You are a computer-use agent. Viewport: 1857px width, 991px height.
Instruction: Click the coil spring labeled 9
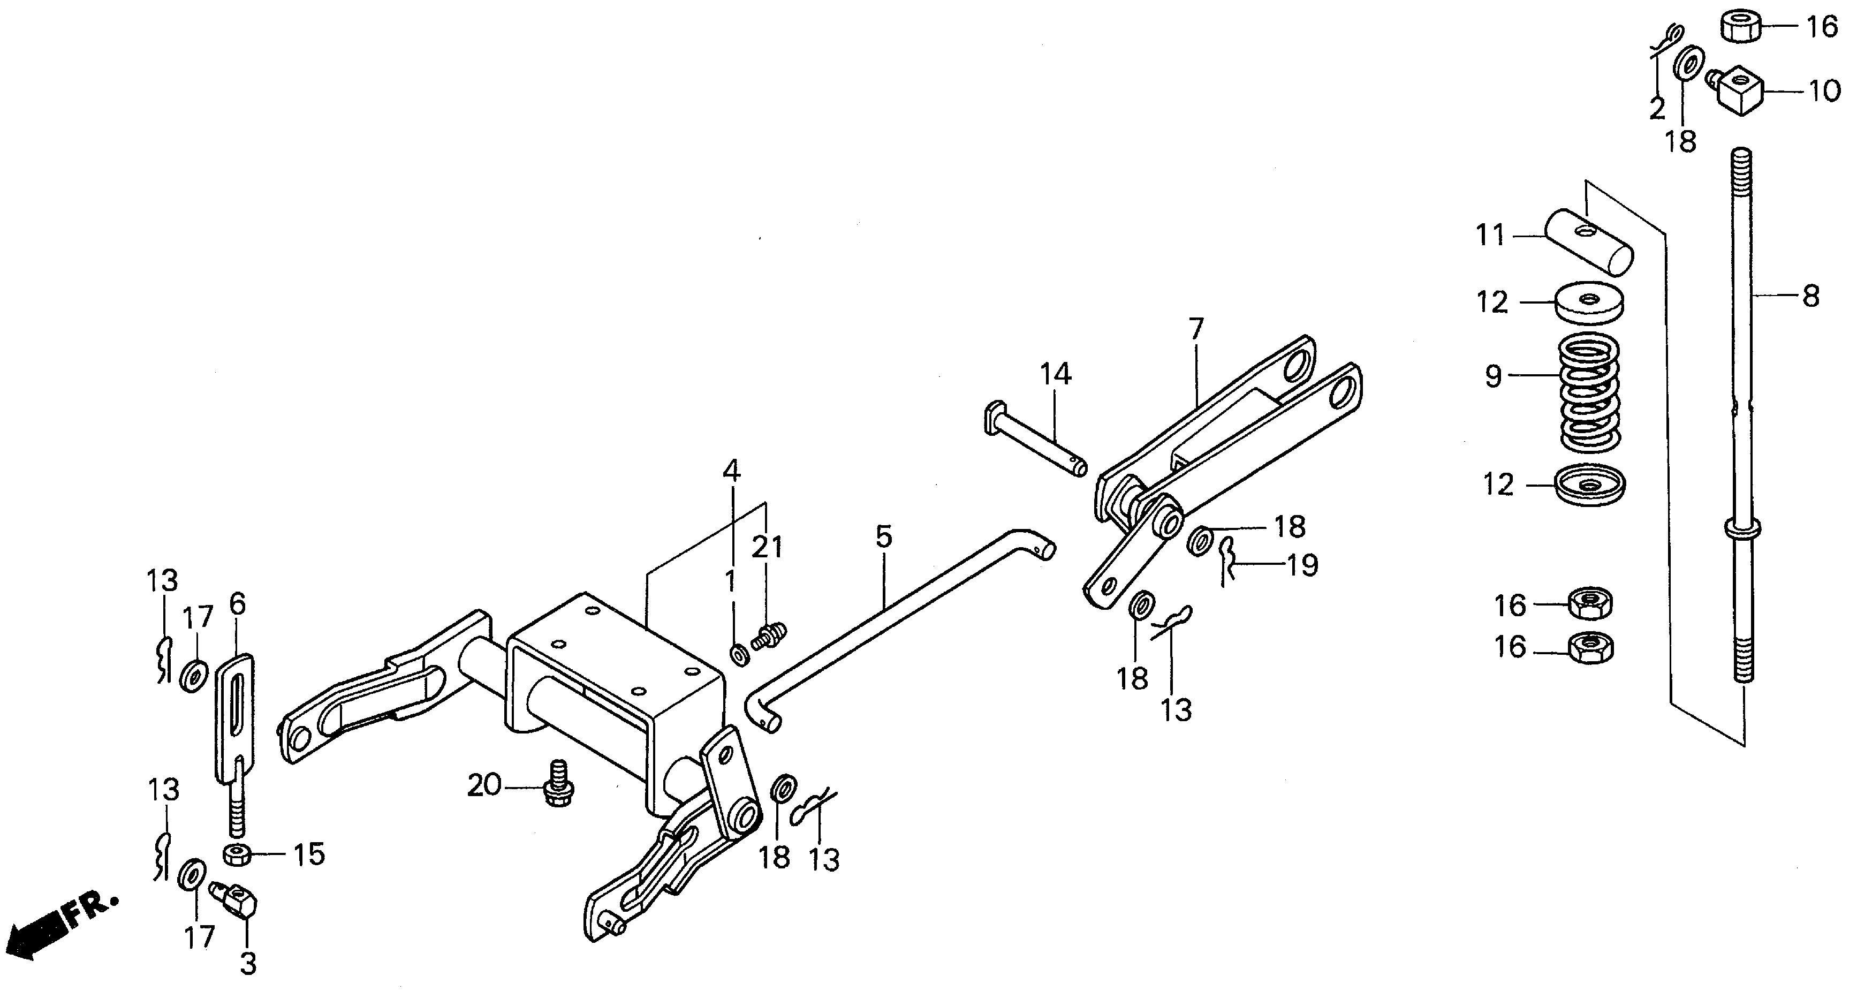[x=1589, y=393]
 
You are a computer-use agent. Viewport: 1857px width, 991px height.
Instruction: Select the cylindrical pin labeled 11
[x=1589, y=241]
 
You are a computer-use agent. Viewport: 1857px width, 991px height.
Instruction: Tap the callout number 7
[x=1196, y=329]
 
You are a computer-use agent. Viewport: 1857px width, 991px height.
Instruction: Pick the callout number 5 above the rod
[x=884, y=537]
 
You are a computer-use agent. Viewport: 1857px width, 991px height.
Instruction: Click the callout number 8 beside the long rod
[x=1810, y=296]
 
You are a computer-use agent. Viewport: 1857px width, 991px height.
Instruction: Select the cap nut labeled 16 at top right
[x=1740, y=27]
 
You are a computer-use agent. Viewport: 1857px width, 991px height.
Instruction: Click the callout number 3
[x=248, y=964]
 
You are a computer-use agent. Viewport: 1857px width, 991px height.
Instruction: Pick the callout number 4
[x=731, y=471]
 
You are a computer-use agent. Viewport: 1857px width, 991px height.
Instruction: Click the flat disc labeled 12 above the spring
[x=1589, y=302]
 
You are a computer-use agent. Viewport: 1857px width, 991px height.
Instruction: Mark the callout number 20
[x=484, y=785]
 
